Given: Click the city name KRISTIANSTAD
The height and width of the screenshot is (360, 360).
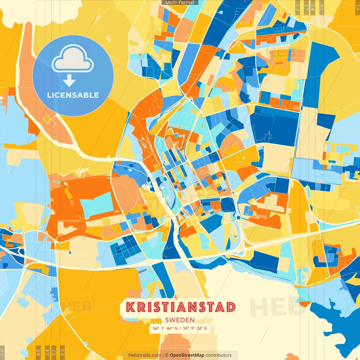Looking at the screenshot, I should tap(180, 307).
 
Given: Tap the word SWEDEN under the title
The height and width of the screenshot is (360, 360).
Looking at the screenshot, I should tap(180, 320).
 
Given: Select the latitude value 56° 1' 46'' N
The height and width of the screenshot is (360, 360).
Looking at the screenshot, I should tap(165, 328).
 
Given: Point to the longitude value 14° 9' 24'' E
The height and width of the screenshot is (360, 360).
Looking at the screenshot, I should tap(195, 328).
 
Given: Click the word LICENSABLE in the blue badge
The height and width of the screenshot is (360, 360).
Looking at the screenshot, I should tap(73, 95).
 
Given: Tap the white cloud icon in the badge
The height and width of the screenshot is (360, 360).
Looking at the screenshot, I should tap(73, 59).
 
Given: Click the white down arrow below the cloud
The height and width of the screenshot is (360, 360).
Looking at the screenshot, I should tap(69, 81).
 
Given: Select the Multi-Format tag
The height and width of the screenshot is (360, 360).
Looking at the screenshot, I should tap(180, 3).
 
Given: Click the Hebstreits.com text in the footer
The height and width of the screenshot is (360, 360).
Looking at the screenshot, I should tap(145, 355).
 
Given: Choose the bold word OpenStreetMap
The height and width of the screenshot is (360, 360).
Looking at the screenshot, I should tap(187, 355).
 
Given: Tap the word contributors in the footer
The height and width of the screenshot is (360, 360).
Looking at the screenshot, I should tap(219, 355).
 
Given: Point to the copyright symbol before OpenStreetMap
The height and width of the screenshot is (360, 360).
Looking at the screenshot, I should tap(167, 355).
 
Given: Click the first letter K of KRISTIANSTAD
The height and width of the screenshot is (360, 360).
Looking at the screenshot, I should tap(130, 307).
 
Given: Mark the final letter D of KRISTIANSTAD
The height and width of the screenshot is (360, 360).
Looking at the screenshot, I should tap(230, 307).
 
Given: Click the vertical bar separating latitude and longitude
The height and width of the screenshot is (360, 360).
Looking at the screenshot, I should tap(180, 328).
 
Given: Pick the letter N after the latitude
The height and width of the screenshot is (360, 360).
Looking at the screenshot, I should tap(176, 328).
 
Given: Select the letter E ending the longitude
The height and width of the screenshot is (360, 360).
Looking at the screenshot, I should tap(206, 328).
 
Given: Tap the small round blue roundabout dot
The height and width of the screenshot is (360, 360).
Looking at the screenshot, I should tap(238, 217).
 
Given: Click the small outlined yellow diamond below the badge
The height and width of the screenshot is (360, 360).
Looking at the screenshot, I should tap(47, 120).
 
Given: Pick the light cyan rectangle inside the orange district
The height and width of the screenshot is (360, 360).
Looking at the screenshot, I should tap(97, 204).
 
